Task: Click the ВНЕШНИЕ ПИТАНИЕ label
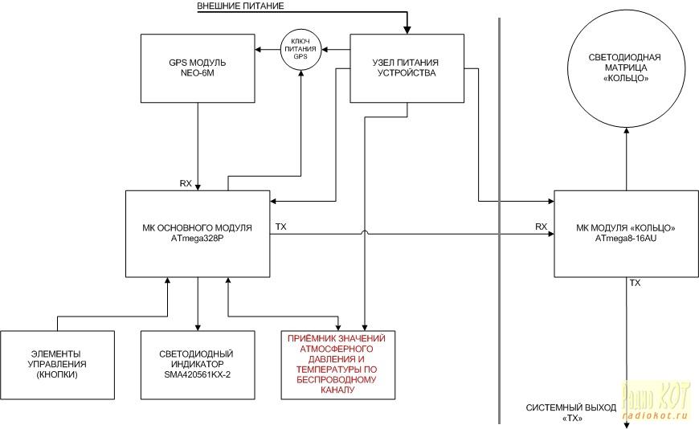(x=240, y=6)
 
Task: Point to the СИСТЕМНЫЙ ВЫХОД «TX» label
(x=571, y=412)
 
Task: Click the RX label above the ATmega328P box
(x=186, y=183)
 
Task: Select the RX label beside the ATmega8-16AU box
(x=542, y=227)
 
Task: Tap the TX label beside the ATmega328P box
(x=281, y=227)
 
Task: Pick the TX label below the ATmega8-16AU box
(x=635, y=283)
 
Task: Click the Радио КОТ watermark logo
(x=656, y=400)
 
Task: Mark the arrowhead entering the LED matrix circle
(x=627, y=131)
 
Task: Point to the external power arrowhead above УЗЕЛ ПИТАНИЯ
(x=407, y=31)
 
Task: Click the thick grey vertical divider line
(x=499, y=221)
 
